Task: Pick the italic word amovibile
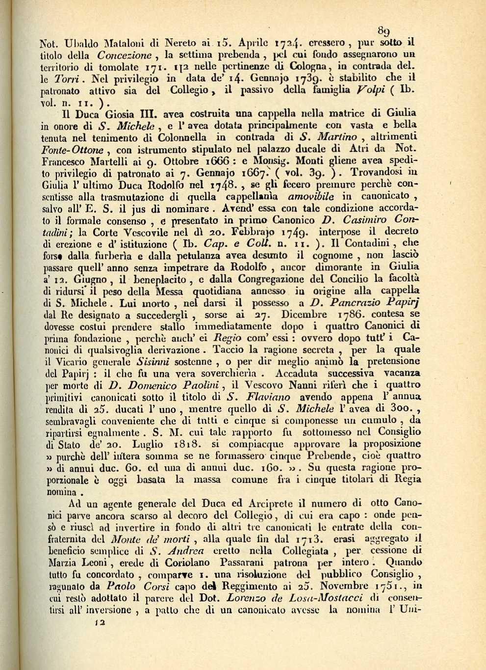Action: coord(311,197)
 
